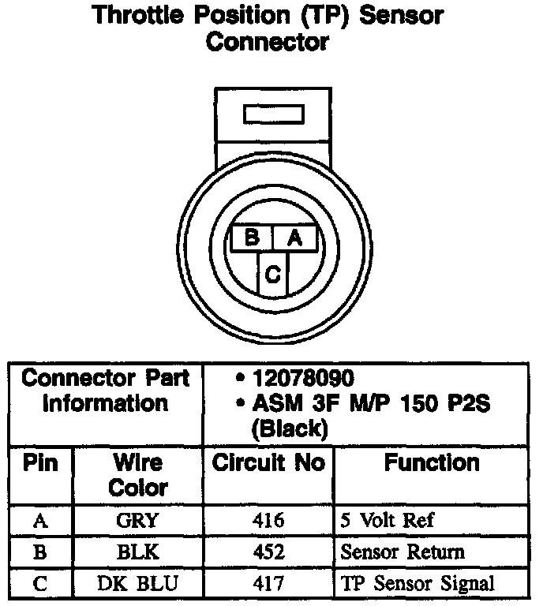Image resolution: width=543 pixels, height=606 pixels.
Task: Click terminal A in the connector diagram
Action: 295,238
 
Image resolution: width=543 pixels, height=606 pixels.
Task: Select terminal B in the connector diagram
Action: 252,238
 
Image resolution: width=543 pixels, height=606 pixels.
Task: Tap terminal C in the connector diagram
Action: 272,274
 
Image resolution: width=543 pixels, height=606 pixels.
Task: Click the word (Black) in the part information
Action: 288,429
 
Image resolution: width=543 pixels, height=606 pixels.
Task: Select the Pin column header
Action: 40,463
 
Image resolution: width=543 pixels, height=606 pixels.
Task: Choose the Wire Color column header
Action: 137,475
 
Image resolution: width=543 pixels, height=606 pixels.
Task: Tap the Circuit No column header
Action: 268,463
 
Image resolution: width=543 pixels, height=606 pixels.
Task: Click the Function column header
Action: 431,463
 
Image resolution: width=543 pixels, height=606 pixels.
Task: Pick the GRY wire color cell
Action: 137,521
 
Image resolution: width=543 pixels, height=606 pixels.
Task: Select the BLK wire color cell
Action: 137,552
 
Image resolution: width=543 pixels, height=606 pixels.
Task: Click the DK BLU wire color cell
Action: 137,584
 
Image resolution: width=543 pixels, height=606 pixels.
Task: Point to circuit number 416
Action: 268,521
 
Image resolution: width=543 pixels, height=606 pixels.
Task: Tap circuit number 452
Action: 268,552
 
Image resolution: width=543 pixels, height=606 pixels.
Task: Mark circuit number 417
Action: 268,584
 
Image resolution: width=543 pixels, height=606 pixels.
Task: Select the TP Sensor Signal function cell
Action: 418,584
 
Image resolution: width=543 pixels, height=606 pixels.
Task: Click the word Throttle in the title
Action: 139,15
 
